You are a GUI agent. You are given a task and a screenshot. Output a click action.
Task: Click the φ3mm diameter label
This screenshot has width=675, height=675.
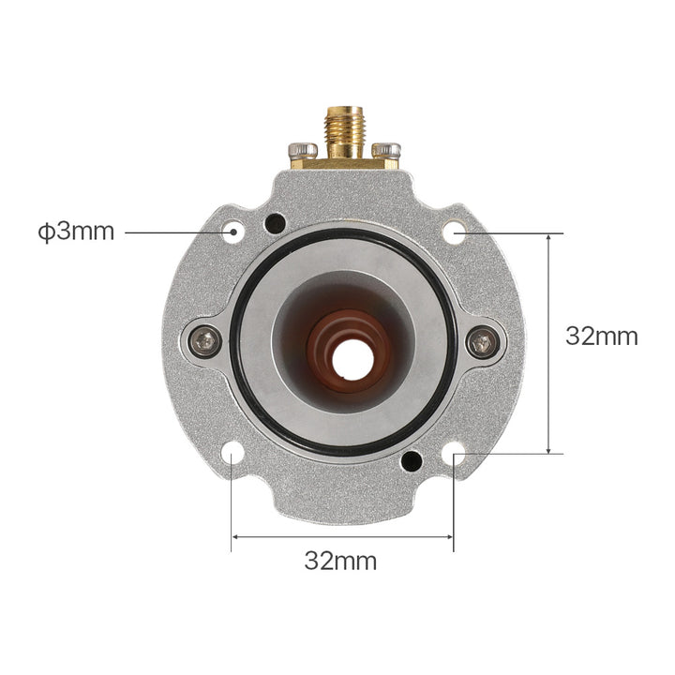(x=76, y=232)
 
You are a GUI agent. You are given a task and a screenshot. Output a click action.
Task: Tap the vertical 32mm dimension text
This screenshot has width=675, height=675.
(x=601, y=337)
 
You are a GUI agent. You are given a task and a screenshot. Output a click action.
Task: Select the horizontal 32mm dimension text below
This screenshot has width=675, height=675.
(x=340, y=561)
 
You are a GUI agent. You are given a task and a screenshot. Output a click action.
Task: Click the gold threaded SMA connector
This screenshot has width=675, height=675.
(x=345, y=132)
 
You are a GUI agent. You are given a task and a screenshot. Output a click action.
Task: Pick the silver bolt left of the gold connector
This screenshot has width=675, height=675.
(x=303, y=150)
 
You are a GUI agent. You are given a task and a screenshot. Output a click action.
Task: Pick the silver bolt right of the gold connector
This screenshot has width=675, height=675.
(x=386, y=150)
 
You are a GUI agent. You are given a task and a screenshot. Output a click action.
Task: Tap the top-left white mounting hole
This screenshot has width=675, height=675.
(x=232, y=232)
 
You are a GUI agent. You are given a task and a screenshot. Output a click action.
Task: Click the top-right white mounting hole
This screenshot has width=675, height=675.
(x=454, y=232)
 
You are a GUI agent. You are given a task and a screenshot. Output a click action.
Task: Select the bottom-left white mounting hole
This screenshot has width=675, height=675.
(x=232, y=453)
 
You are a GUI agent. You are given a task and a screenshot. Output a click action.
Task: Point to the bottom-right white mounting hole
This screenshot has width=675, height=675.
(x=454, y=453)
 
